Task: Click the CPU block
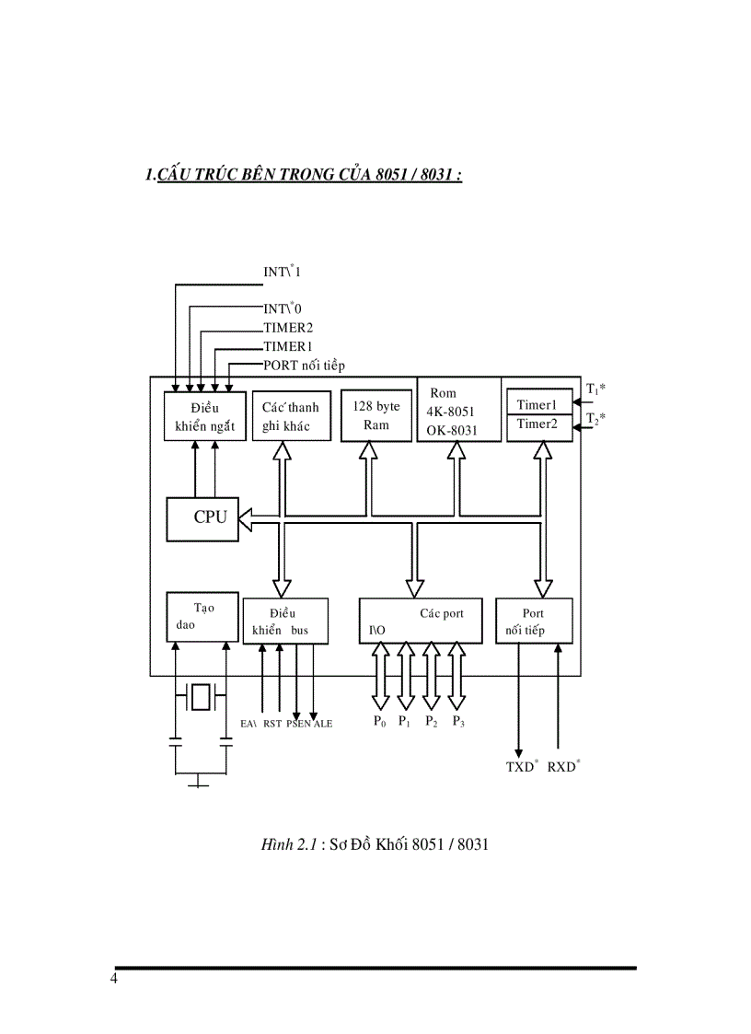(202, 518)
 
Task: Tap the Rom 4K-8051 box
(458, 410)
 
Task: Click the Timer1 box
(539, 402)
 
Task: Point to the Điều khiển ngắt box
(205, 416)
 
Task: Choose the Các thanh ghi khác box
(285, 416)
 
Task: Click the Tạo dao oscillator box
(201, 617)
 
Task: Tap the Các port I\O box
(421, 621)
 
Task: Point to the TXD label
(522, 766)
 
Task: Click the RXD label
(563, 766)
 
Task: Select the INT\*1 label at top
(282, 272)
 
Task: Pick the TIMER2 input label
(288, 327)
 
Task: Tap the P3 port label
(458, 722)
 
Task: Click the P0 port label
(379, 722)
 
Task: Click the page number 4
(113, 978)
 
